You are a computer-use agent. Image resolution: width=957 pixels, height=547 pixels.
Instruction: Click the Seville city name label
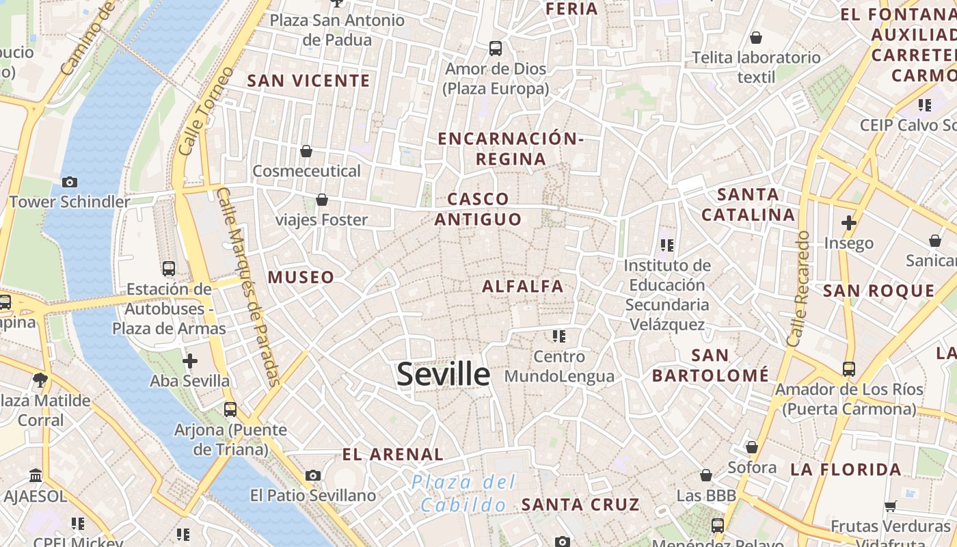point(443,374)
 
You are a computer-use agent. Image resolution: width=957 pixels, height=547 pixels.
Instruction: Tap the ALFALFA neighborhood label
point(523,286)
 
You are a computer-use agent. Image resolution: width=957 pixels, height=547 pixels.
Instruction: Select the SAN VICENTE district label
point(308,81)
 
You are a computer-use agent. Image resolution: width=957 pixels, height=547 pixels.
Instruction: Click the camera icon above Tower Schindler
point(69,182)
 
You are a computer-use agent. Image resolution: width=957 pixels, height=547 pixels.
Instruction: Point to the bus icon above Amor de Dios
point(496,49)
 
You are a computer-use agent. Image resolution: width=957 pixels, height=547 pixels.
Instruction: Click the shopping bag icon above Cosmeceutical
point(306,150)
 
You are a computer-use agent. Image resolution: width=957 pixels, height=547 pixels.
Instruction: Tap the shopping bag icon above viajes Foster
point(321,200)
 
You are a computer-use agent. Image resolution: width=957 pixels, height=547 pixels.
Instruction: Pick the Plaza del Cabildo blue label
point(463,494)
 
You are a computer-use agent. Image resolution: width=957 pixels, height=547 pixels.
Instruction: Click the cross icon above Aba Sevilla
point(190,360)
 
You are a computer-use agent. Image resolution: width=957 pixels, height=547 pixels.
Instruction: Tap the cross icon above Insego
point(848,223)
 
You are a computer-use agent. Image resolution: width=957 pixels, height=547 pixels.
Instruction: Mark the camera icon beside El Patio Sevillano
point(313,475)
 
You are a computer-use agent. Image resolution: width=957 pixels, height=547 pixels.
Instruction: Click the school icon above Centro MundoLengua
point(559,336)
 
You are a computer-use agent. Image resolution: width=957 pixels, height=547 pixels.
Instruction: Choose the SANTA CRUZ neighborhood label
point(580,505)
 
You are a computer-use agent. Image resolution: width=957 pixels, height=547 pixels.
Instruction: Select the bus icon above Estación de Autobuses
point(169,268)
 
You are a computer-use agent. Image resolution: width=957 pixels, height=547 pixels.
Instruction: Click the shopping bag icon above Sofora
point(752,447)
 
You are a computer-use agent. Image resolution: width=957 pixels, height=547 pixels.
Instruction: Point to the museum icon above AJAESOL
point(36,475)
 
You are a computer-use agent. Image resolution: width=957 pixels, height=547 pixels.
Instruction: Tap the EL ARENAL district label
point(393,454)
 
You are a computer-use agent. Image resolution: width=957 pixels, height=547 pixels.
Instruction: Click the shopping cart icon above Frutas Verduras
point(890,506)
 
